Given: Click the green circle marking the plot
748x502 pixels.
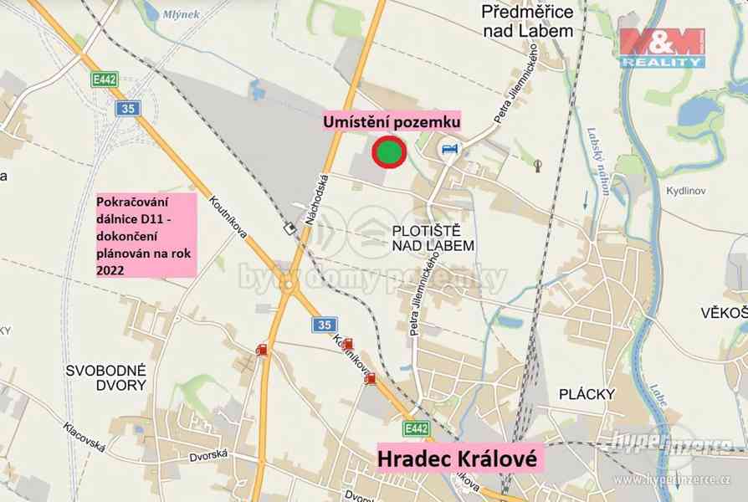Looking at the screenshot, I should [387, 152].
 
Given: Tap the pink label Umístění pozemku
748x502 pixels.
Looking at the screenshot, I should [392, 122].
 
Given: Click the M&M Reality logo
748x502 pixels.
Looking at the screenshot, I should [662, 47].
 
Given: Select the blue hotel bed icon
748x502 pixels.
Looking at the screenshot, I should [449, 149].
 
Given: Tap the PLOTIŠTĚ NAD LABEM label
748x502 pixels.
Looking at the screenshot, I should [433, 237].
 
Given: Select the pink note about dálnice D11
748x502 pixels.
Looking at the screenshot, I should [146, 235].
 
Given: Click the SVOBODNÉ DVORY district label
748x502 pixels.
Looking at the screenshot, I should [106, 377].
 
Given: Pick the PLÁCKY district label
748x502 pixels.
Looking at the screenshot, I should [587, 394].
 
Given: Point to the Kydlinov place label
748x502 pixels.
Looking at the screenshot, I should [686, 191].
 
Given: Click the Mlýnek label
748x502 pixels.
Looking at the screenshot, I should [181, 13].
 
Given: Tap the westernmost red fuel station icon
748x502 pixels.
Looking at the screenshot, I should [262, 350].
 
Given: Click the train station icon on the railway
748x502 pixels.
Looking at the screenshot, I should [289, 228].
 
